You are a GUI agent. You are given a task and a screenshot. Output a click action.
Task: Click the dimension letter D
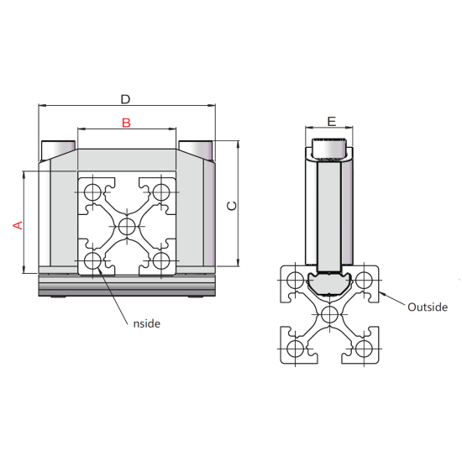pos(125,99)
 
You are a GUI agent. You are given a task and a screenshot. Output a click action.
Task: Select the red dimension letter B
pos(126,123)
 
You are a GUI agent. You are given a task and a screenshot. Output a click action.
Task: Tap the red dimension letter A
pos(15,224)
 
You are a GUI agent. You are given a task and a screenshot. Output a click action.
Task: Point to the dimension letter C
pos(233,205)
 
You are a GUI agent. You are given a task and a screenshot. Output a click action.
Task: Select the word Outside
pos(427,307)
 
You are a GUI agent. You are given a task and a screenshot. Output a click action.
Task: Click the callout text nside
pos(145,323)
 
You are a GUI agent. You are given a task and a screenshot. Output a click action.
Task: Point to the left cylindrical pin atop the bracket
pos(58,149)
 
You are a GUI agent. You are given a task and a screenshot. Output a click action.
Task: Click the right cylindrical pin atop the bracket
pos(196,149)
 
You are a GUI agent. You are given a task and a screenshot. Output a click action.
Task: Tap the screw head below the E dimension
pos(330,149)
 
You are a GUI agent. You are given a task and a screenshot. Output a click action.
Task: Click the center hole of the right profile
pos(329,314)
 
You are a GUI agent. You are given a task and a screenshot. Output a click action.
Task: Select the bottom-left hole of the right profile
pos(295,349)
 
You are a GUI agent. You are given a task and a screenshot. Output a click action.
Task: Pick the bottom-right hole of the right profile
pos(364,349)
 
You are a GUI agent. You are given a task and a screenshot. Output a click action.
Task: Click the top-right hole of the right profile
pos(364,280)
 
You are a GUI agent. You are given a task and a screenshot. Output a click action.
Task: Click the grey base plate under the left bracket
pos(127,286)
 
